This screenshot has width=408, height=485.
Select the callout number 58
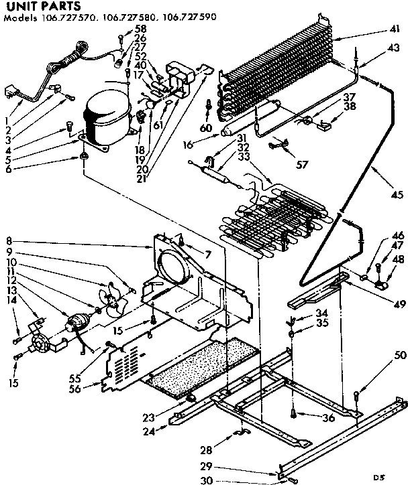pyautogui.click(x=140, y=28)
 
